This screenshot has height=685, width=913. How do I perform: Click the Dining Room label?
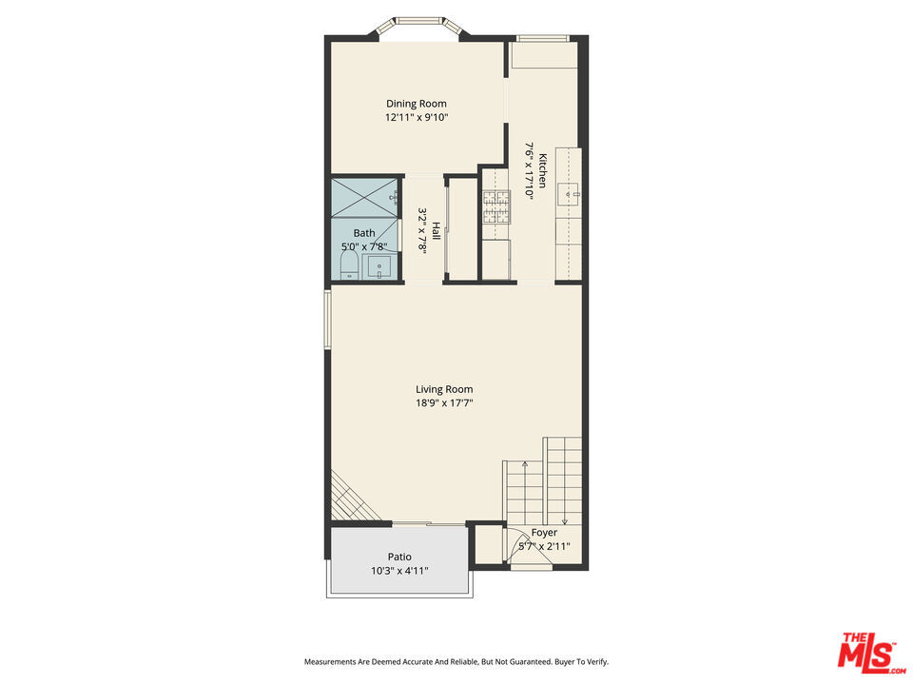pos(417,104)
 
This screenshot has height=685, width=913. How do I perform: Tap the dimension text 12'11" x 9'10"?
pos(417,117)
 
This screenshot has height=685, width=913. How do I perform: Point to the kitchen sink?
pos(568,194)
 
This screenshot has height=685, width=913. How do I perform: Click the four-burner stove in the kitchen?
pos(496,206)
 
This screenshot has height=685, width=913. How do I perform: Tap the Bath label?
pos(364,233)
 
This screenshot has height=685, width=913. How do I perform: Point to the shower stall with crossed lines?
pos(365,198)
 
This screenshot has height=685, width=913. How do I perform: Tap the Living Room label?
pos(444,389)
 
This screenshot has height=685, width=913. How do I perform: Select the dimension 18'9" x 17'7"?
pos(444,402)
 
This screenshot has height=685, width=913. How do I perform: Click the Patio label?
pos(399,557)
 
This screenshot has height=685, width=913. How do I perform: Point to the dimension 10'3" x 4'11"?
pos(399,571)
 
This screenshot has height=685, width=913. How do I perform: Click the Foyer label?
pos(544,533)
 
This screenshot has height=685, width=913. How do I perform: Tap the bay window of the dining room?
pos(419,27)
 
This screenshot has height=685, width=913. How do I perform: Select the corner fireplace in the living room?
pos(352,499)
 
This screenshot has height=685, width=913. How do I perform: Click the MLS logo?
pos(872,653)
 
